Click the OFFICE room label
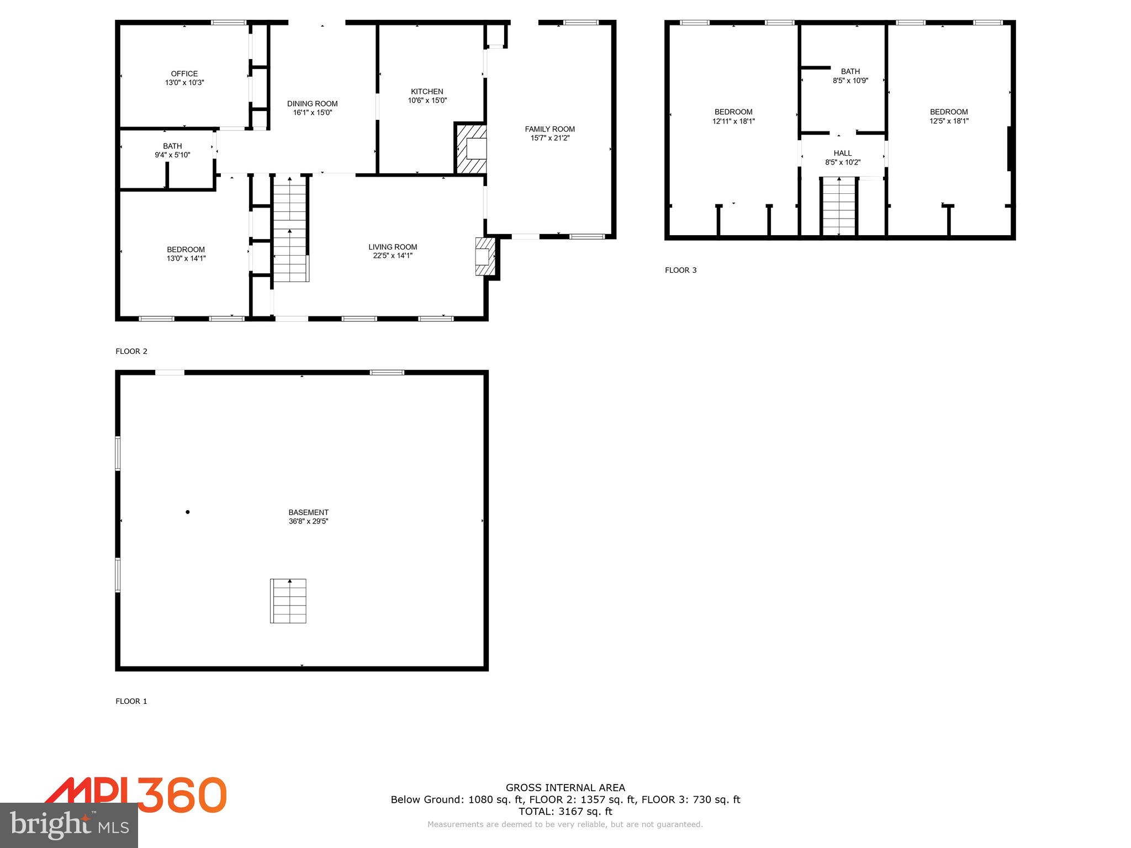[184, 73]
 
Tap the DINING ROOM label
[312, 104]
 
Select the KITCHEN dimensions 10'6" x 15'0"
[427, 100]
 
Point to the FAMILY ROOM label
[549, 129]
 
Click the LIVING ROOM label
[393, 247]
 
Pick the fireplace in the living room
[484, 257]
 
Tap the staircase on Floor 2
[290, 229]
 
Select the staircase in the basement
[288, 601]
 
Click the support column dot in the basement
[188, 512]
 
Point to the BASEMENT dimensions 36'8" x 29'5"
[308, 521]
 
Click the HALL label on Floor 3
[842, 153]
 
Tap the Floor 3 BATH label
[850, 71]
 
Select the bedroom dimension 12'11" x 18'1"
[733, 121]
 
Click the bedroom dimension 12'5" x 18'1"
[948, 121]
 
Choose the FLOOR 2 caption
[131, 351]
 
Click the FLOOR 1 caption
[131, 701]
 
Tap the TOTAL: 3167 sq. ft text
[565, 812]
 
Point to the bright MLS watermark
[69, 825]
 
